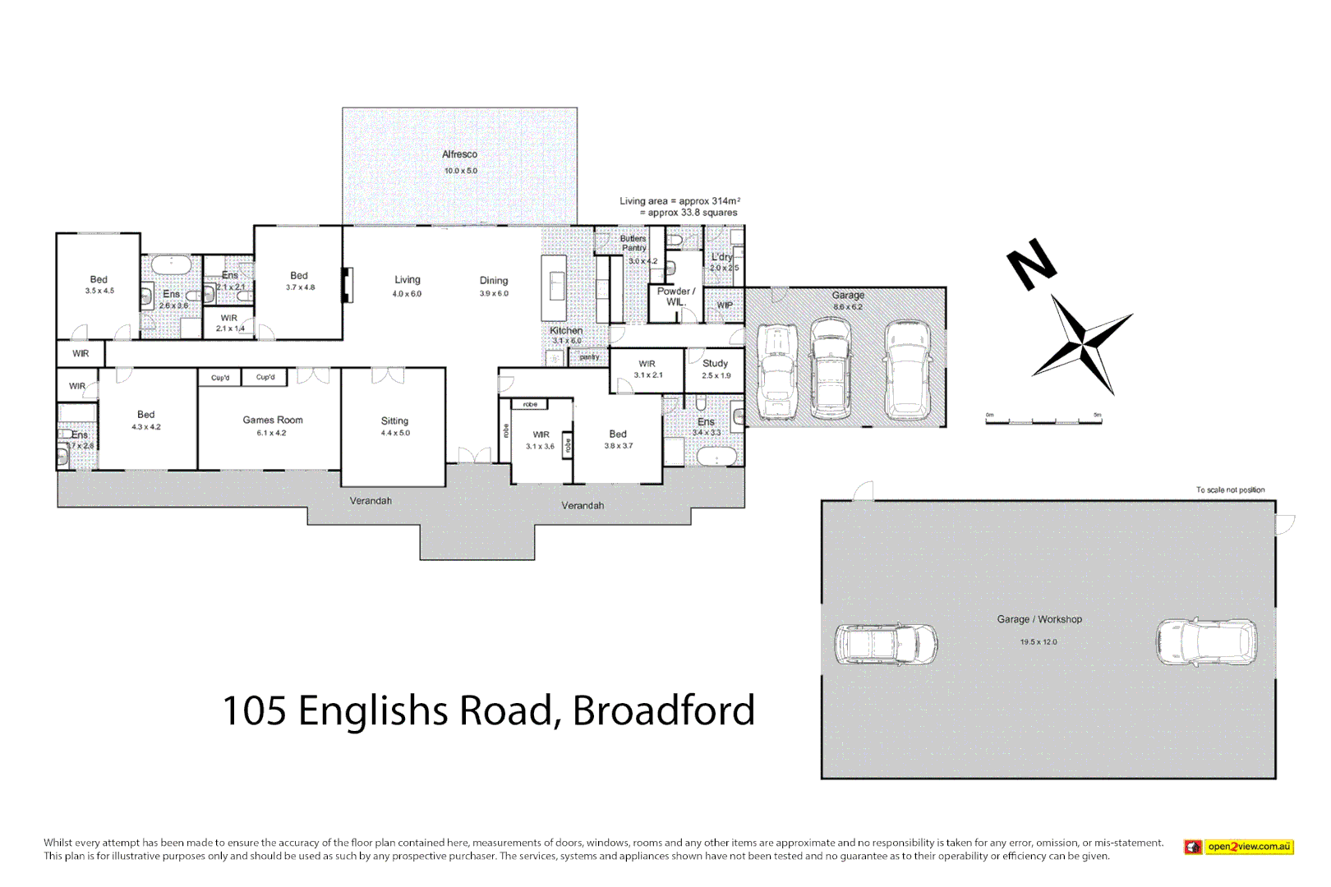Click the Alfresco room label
tap(459, 154)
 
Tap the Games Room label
tap(273, 420)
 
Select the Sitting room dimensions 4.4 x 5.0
tap(394, 433)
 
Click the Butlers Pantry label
tap(633, 243)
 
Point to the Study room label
tap(715, 363)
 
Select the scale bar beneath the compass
tap(1043, 420)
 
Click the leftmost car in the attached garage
tap(777, 371)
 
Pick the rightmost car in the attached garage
tap(908, 370)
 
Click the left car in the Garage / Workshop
tap(886, 643)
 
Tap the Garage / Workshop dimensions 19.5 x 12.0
tap(1039, 642)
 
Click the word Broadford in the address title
tap(663, 710)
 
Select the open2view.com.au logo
tap(1239, 847)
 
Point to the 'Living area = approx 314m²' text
tap(679, 200)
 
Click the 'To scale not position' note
tap(1230, 489)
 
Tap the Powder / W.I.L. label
tap(675, 296)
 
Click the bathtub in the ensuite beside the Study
tap(716, 457)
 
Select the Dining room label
tap(494, 281)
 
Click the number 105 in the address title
tap(254, 710)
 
